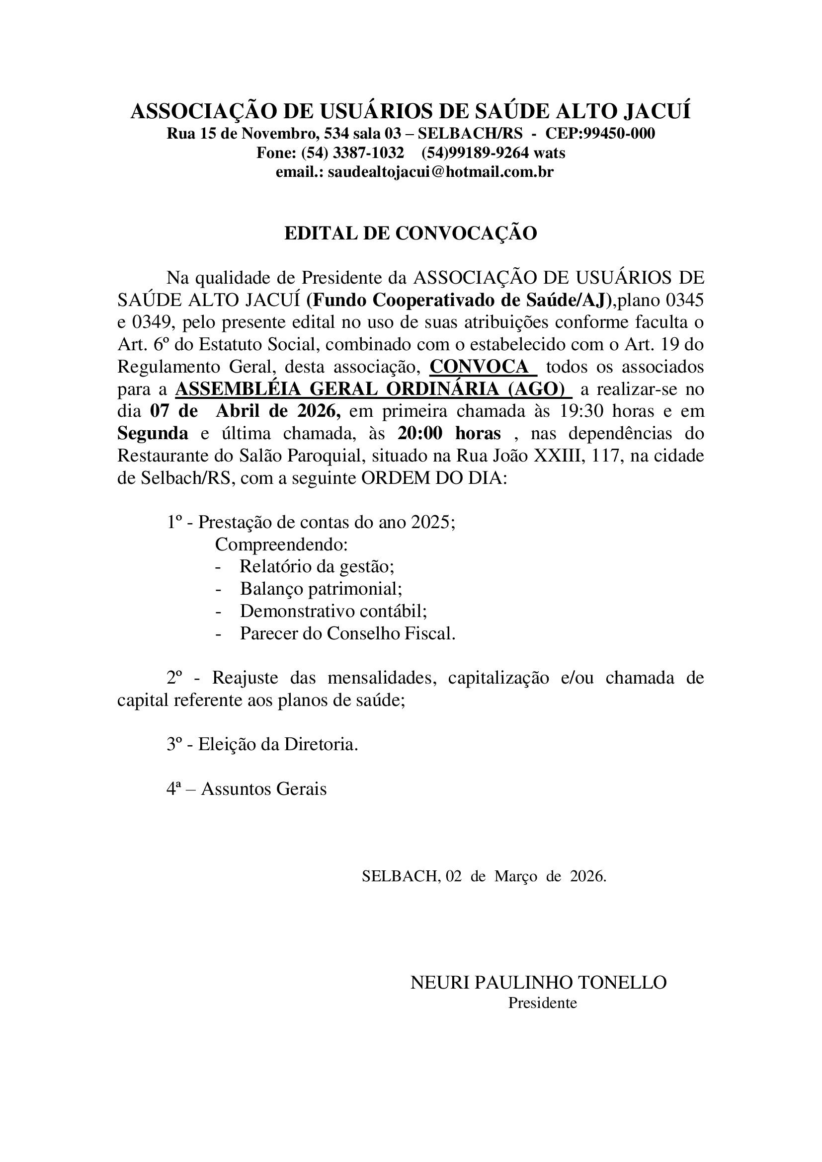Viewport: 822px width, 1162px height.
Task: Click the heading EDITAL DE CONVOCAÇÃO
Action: [x=411, y=233]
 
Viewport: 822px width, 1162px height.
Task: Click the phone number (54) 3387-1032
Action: [x=352, y=153]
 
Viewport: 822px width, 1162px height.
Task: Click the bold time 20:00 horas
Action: [x=449, y=434]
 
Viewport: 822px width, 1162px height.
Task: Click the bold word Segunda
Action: [x=153, y=434]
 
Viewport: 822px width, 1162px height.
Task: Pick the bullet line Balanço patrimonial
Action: [x=321, y=589]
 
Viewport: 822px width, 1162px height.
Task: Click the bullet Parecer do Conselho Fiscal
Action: [x=347, y=633]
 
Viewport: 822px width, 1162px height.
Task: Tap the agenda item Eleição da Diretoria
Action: [x=277, y=745]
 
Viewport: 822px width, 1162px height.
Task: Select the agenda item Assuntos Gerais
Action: [x=264, y=789]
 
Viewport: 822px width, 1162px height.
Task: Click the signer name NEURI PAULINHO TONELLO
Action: [x=538, y=983]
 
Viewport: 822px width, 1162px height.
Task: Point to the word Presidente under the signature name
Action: [x=542, y=1003]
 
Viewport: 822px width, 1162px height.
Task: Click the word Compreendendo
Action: [x=281, y=545]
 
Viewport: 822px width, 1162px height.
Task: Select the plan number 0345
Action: [x=684, y=301]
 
